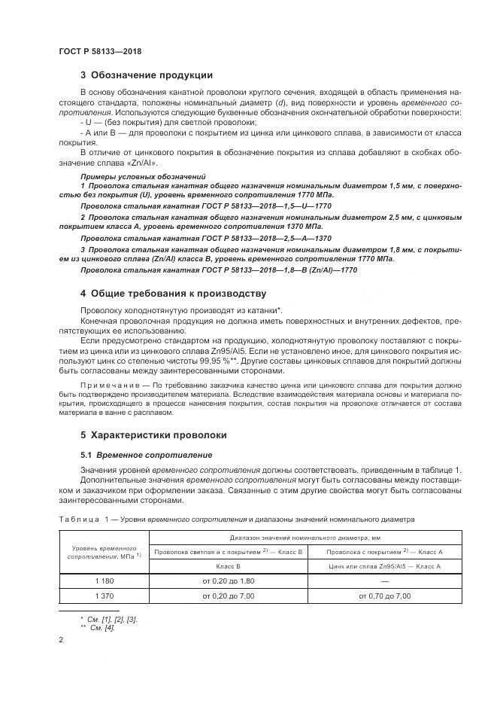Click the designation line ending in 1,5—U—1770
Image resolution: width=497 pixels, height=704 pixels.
pyautogui.click(x=205, y=206)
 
